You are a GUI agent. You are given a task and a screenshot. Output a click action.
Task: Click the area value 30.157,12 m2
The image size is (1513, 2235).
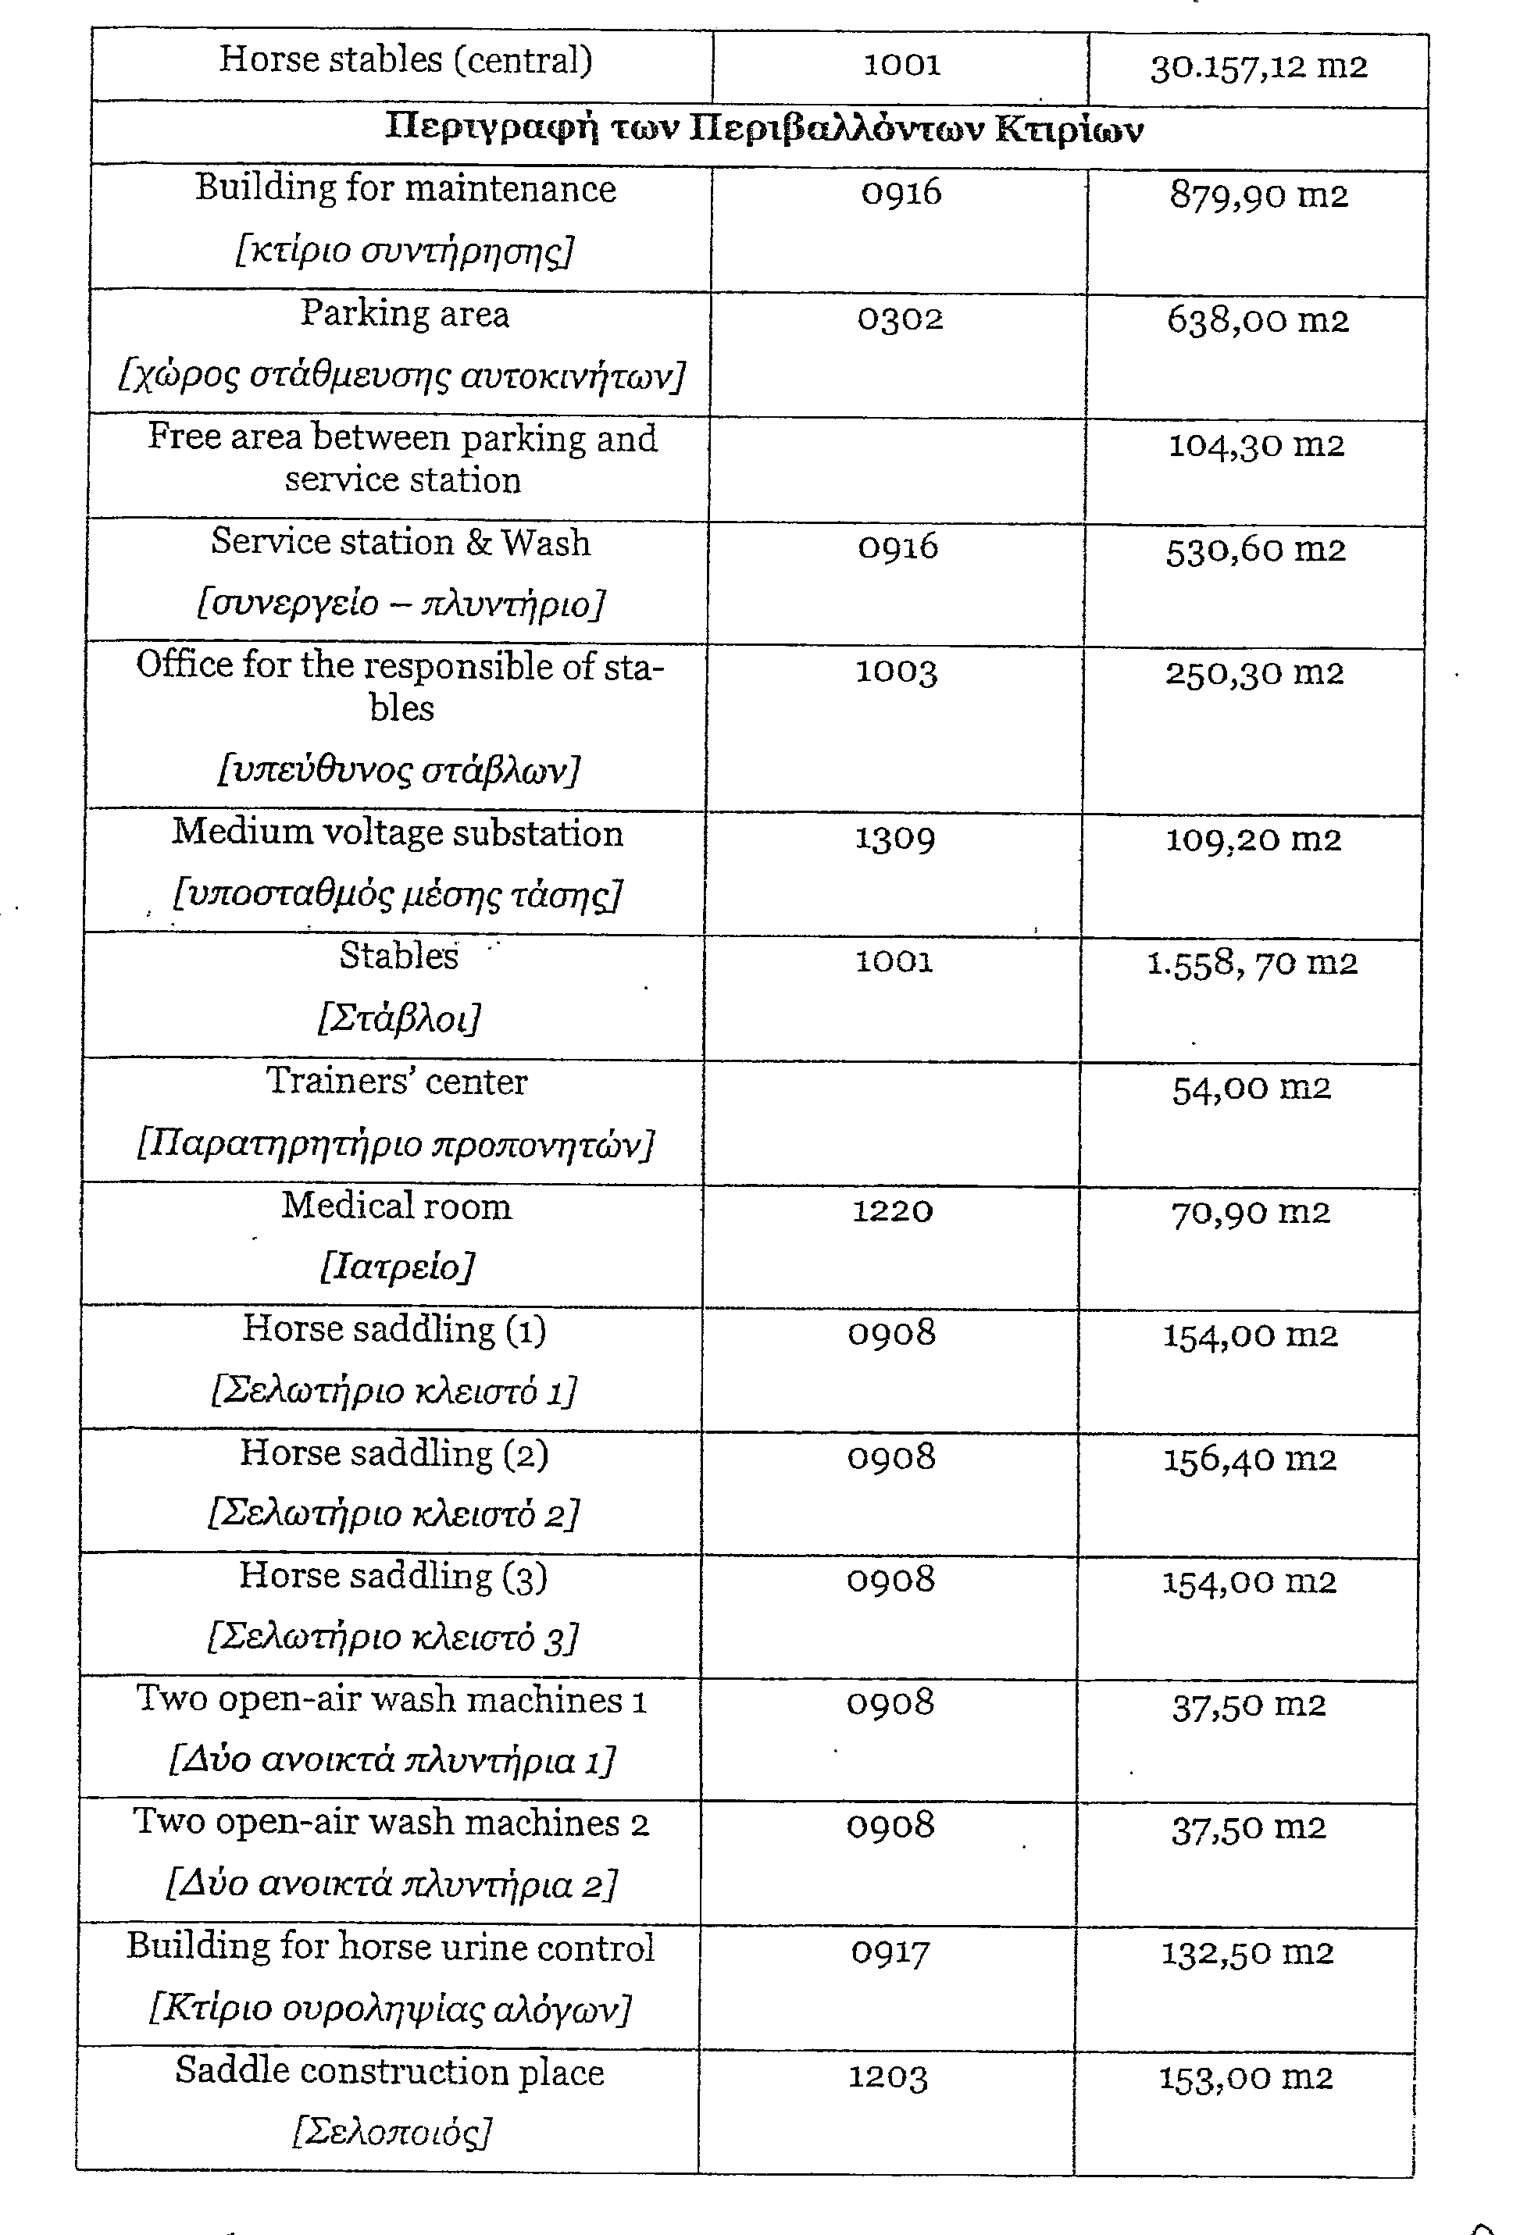1258,67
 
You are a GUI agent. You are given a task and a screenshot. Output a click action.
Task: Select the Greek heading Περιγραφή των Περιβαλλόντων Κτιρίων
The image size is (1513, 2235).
764,129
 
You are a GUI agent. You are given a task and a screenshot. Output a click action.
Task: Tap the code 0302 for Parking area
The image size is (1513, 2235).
901,319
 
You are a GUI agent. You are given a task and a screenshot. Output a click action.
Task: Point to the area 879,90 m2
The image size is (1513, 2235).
1258,195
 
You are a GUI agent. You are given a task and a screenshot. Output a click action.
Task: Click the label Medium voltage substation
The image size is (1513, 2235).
398,832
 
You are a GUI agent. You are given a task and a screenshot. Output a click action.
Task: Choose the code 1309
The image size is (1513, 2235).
894,839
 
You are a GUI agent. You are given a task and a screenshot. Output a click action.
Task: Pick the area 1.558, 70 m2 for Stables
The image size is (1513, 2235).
1251,963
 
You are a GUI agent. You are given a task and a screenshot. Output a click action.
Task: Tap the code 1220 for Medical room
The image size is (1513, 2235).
893,1210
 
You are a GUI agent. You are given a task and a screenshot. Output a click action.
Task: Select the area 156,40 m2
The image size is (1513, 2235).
1250,1459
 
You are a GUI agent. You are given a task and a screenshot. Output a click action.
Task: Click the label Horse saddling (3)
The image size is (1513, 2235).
394,1576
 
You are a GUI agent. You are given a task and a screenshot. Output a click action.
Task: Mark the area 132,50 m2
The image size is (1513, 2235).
1247,1952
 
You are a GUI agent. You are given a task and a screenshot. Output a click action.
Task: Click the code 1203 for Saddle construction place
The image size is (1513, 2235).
888,2077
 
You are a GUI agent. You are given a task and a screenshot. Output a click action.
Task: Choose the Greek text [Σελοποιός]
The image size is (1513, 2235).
391,2132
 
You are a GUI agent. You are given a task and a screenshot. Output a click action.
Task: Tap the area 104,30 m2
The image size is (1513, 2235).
1255,445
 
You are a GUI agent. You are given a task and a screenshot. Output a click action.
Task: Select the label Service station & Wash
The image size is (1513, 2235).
400,543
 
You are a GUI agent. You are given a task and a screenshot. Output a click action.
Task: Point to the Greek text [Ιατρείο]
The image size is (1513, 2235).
396,1267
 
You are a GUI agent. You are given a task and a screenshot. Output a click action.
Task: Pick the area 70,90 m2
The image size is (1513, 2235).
1251,1213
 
